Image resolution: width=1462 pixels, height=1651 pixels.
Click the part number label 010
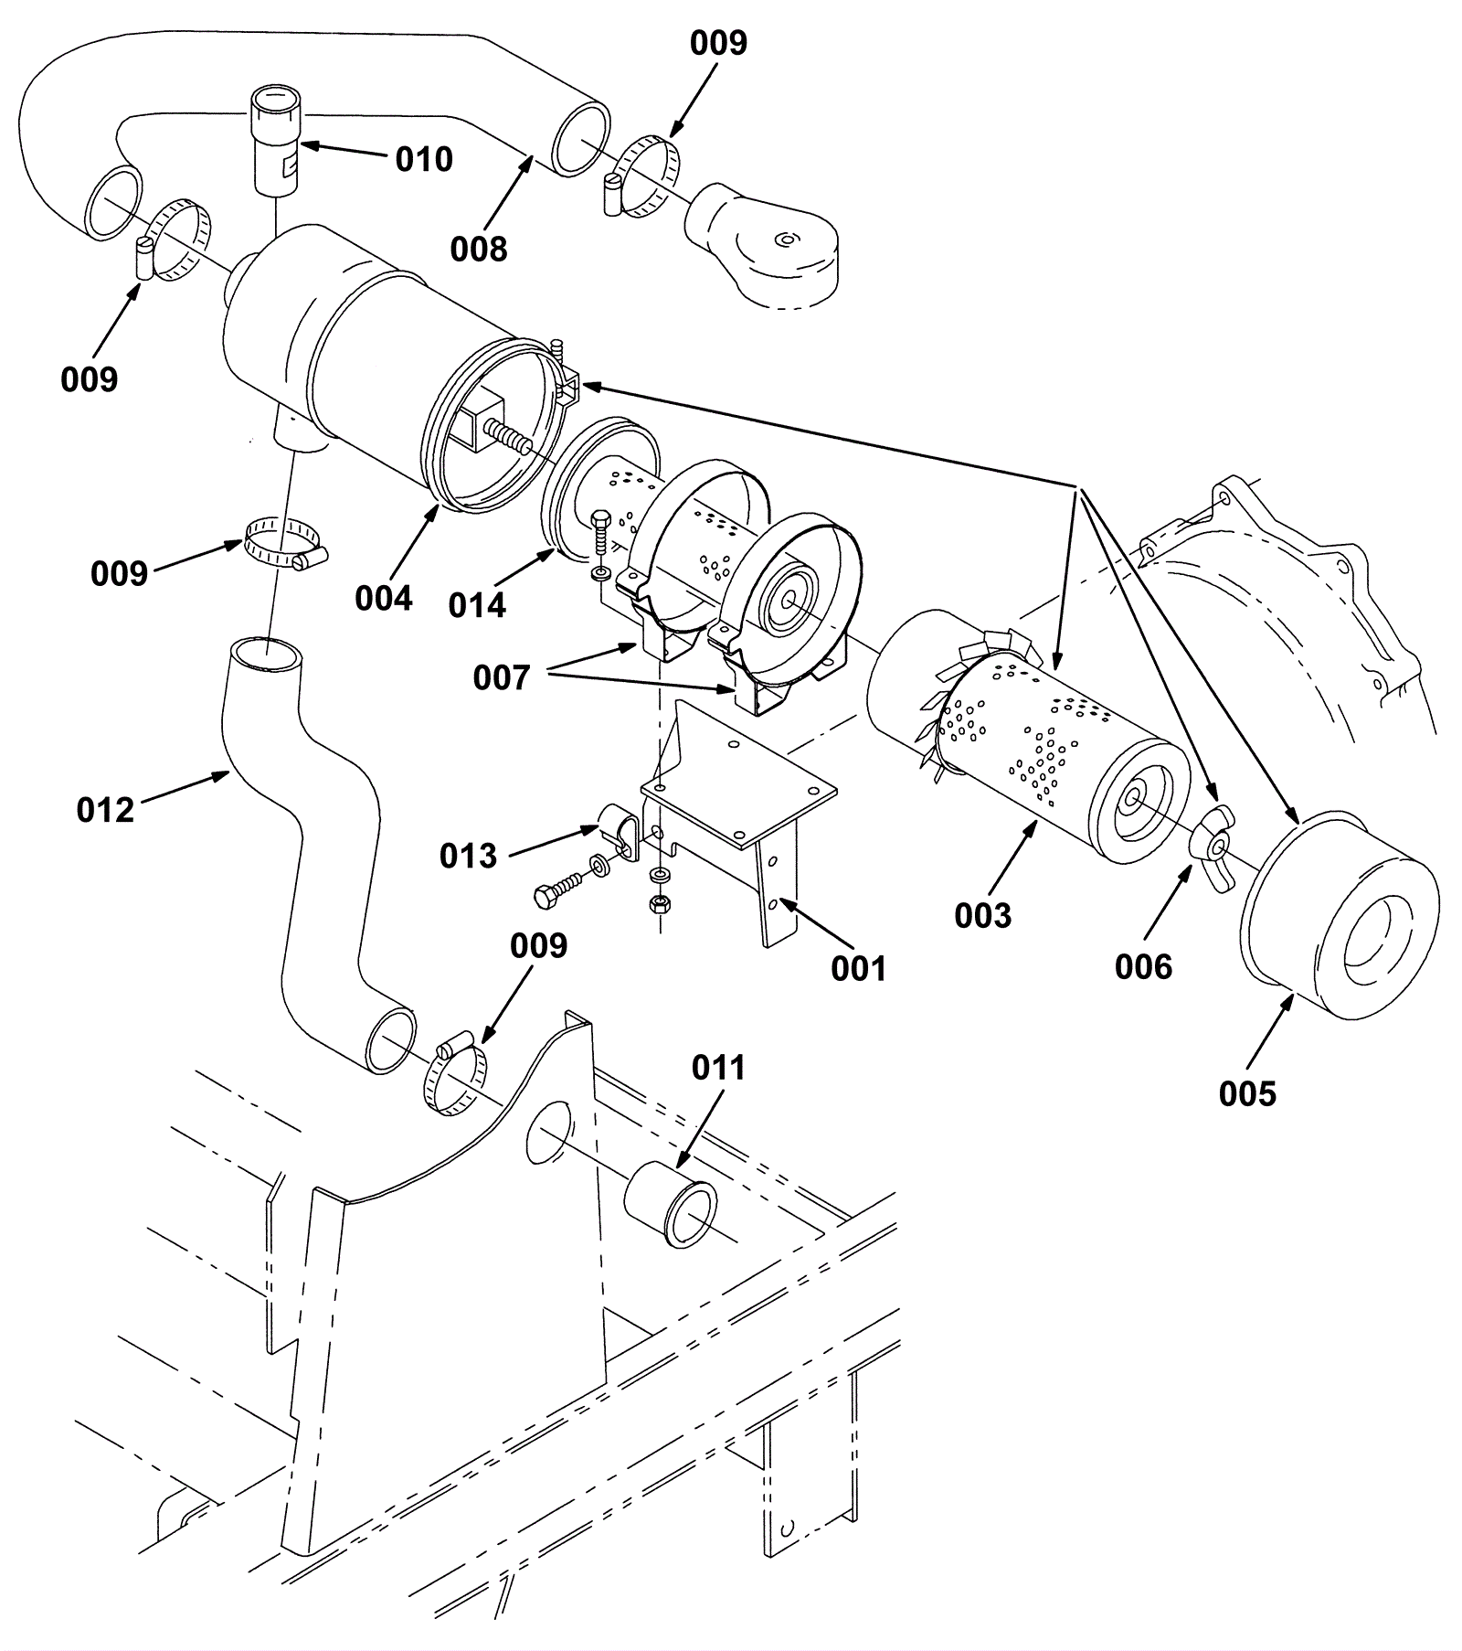tap(424, 159)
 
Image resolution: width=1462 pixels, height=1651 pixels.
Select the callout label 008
tap(479, 248)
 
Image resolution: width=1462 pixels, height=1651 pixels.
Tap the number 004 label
tap(384, 599)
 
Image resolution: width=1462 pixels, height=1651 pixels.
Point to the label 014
tap(477, 604)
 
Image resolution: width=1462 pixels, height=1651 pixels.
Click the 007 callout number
tap(502, 677)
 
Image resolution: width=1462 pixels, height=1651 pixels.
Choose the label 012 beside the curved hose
tap(105, 810)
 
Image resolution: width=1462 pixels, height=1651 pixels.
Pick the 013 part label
tap(468, 856)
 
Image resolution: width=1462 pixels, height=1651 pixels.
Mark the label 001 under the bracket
tap(859, 968)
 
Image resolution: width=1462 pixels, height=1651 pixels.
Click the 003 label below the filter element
tap(983, 915)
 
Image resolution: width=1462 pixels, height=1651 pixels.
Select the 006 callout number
tap(1143, 966)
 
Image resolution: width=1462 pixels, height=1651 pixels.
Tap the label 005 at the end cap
tap(1247, 1092)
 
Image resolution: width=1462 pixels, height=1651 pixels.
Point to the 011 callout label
tap(718, 1067)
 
